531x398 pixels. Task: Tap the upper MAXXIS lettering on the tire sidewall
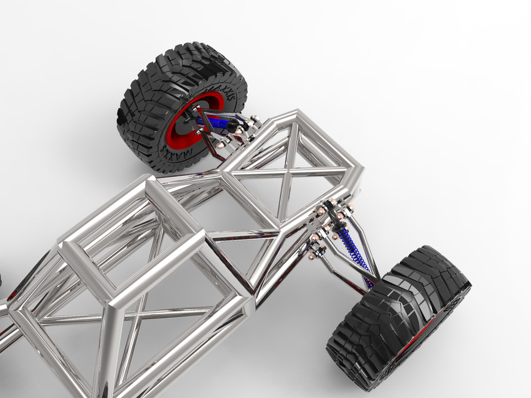point(228,103)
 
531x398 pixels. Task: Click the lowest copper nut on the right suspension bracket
point(312,255)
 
